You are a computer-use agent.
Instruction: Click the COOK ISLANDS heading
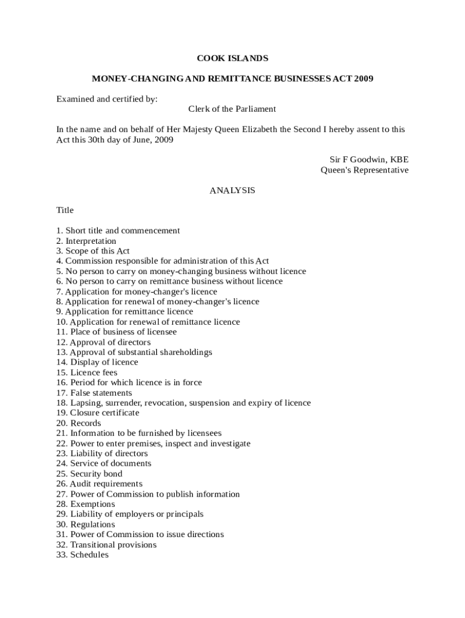(232, 59)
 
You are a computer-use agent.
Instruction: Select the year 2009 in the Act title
(364, 79)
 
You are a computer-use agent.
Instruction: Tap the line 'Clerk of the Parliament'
(232, 109)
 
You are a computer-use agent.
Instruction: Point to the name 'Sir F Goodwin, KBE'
(368, 160)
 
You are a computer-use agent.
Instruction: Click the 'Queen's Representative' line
(364, 170)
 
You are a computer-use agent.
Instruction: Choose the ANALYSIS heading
(232, 190)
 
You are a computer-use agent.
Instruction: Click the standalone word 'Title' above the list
(65, 211)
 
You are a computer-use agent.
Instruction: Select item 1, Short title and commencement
(118, 231)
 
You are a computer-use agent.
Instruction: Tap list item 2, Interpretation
(86, 241)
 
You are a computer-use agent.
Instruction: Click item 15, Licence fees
(87, 372)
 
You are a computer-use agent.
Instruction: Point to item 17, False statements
(94, 393)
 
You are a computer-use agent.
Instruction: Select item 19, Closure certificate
(98, 413)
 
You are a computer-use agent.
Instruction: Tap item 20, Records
(79, 423)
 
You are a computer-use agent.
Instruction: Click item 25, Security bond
(89, 474)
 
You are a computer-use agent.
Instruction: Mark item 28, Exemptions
(86, 504)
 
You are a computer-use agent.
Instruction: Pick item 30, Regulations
(86, 524)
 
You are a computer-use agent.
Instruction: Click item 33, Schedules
(83, 555)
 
